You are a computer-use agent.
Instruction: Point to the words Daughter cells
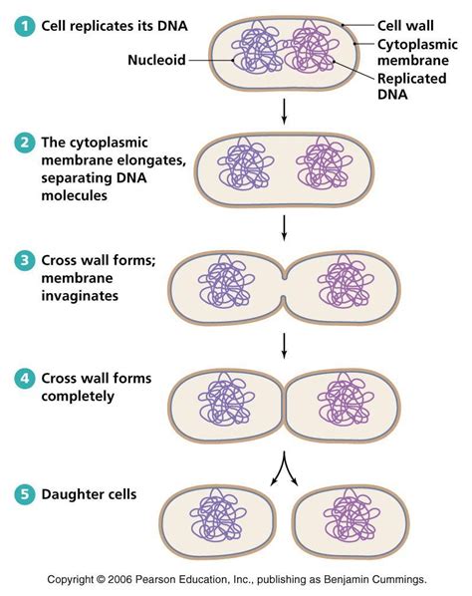click(x=87, y=495)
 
